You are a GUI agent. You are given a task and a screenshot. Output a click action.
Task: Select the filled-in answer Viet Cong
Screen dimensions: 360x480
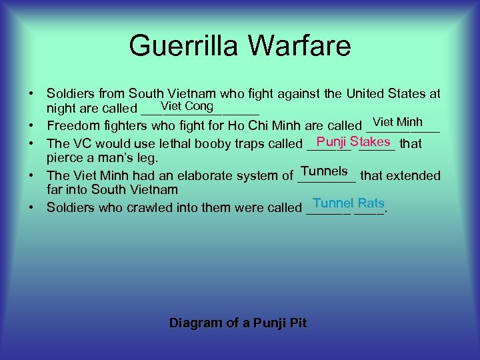(x=187, y=107)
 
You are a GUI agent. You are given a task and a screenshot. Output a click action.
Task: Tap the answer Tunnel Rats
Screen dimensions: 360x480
(x=348, y=203)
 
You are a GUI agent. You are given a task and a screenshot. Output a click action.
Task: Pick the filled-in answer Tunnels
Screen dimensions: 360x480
(x=324, y=171)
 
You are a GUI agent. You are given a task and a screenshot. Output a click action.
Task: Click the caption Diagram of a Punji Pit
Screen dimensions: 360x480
(x=238, y=323)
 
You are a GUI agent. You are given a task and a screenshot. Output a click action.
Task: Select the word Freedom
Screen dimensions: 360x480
(x=73, y=126)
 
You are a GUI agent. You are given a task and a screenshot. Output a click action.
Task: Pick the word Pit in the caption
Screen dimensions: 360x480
(x=298, y=323)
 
